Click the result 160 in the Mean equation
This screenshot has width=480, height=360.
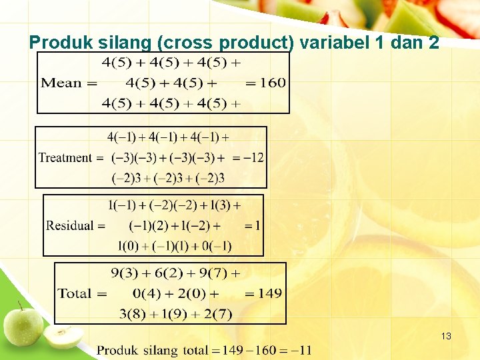[x=272, y=83]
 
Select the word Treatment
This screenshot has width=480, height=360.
[x=65, y=158]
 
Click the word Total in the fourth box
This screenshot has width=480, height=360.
[x=73, y=293]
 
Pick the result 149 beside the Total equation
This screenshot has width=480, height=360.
[x=269, y=293]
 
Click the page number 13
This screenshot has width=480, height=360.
[x=446, y=337]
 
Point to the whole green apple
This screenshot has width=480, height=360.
[x=23, y=325]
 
